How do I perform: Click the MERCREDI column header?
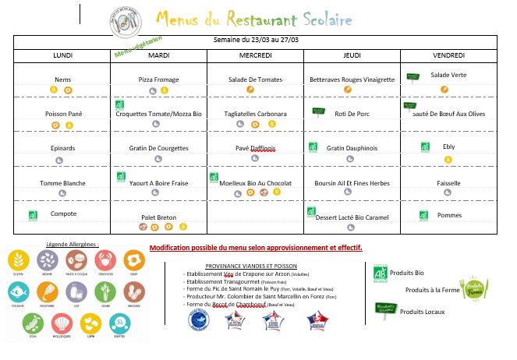[256, 55]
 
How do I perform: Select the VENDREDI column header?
[448, 55]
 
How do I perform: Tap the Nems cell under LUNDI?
[62, 79]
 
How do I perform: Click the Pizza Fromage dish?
[158, 79]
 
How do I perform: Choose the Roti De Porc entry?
[351, 114]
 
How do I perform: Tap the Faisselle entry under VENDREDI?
[448, 183]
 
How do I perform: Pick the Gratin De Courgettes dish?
[158, 148]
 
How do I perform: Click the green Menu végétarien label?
[137, 48]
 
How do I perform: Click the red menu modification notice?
[256, 248]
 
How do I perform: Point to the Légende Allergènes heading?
[73, 244]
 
